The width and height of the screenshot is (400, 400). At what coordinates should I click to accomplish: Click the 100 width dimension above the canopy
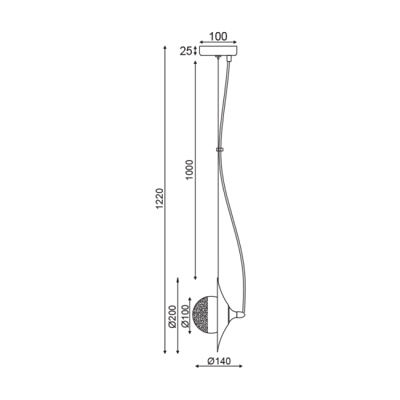pos(218,35)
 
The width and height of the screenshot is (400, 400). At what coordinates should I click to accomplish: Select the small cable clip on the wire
pos(219,151)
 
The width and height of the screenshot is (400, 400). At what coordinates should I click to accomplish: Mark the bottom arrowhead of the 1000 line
pos(195,278)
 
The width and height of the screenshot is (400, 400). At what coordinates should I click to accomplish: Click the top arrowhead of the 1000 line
pos(195,65)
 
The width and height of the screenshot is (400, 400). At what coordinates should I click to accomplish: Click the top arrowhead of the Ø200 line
pos(180,279)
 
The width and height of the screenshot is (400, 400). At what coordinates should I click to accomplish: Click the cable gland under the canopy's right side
pos(231,60)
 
